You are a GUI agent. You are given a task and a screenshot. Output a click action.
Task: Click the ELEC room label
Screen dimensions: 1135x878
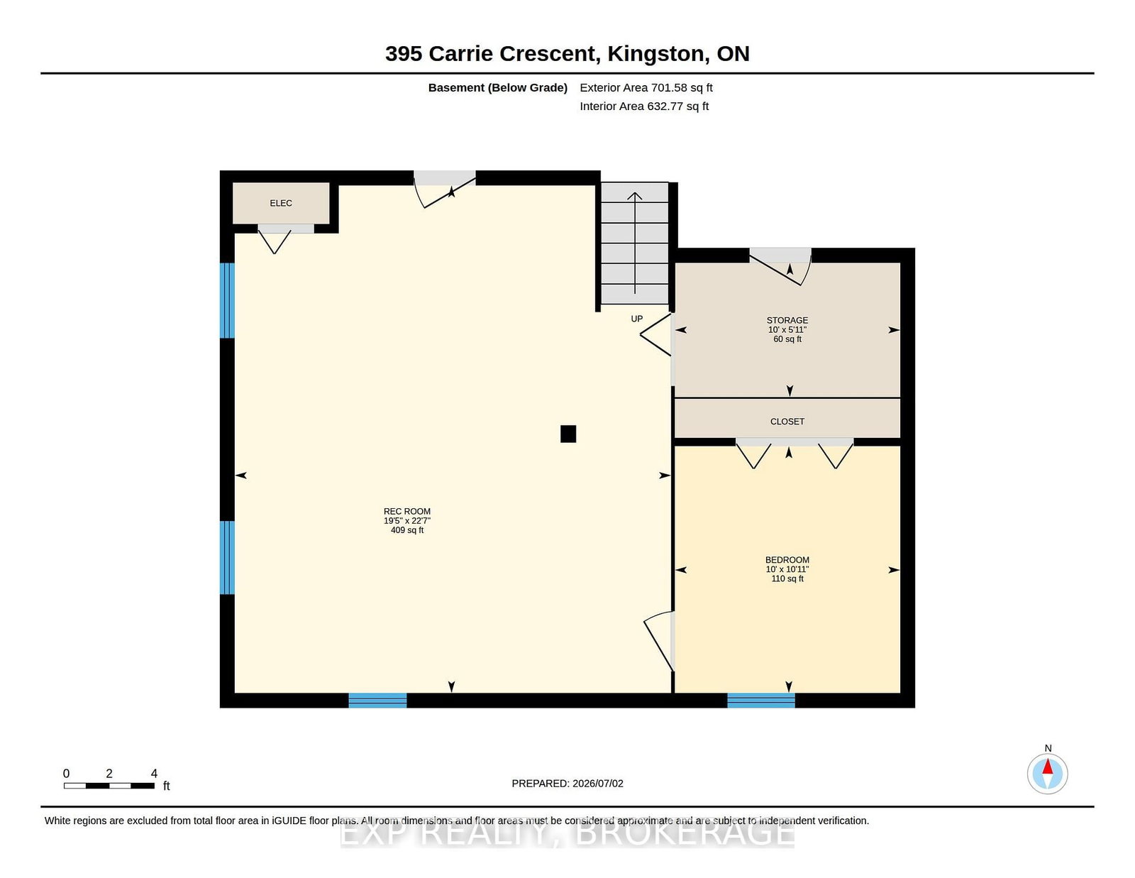pyautogui.click(x=280, y=203)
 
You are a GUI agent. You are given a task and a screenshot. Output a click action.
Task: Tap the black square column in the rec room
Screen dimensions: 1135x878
pyautogui.click(x=568, y=434)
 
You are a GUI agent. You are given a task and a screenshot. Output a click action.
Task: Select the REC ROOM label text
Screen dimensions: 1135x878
pyautogui.click(x=407, y=512)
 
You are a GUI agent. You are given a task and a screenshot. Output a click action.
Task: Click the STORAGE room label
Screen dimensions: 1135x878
pyautogui.click(x=787, y=320)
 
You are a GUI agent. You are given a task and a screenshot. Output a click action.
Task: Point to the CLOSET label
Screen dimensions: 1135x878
pyautogui.click(x=787, y=422)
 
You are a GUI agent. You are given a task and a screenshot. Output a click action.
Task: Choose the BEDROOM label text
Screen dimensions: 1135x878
pyautogui.click(x=787, y=560)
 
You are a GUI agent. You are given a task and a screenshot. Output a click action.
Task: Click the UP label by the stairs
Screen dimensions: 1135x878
pyautogui.click(x=637, y=319)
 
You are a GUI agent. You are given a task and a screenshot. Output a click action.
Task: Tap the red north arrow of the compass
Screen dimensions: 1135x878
pyautogui.click(x=1048, y=766)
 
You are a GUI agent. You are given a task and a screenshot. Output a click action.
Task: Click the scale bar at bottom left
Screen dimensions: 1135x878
pyautogui.click(x=109, y=786)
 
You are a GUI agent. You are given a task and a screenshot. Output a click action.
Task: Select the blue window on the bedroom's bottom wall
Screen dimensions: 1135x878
pyautogui.click(x=761, y=701)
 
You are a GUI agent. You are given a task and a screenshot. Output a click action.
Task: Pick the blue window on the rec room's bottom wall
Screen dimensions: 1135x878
pyautogui.click(x=377, y=701)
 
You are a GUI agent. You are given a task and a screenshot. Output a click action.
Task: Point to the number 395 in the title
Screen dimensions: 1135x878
pyautogui.click(x=403, y=54)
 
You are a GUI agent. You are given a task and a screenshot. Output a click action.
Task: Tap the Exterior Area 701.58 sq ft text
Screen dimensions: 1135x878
pyautogui.click(x=646, y=88)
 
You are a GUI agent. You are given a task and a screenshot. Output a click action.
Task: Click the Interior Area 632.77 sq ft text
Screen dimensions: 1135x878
pyautogui.click(x=644, y=106)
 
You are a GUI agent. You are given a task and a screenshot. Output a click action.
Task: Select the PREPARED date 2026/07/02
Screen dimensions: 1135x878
pyautogui.click(x=598, y=784)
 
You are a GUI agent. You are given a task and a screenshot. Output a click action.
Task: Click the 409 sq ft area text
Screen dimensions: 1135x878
pyautogui.click(x=407, y=530)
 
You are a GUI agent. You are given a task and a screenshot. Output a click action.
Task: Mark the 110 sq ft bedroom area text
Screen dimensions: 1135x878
pyautogui.click(x=787, y=578)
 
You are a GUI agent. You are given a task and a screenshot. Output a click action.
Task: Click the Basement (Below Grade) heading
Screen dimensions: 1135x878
pyautogui.click(x=498, y=88)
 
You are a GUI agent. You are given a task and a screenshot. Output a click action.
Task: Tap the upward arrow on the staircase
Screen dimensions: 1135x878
pyautogui.click(x=635, y=243)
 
